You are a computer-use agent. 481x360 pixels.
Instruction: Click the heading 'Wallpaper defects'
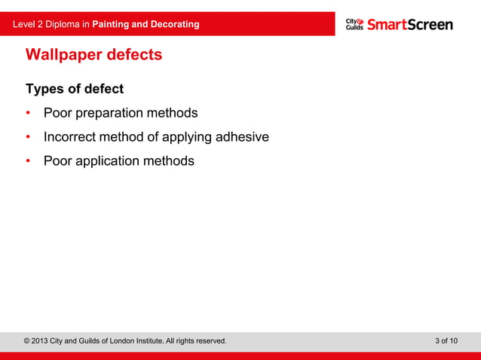click(93, 55)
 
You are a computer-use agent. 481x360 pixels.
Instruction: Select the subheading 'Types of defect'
click(75, 90)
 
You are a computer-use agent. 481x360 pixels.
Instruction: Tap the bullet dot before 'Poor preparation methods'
click(29, 114)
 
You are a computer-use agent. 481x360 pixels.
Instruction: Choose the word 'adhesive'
click(243, 138)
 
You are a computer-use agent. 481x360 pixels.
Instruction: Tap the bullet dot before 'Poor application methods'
click(29, 161)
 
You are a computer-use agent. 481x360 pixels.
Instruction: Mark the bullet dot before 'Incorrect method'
click(29, 138)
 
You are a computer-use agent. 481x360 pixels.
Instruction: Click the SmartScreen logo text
click(410, 24)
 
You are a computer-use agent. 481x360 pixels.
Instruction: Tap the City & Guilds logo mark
click(355, 24)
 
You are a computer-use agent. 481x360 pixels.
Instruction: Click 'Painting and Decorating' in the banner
click(146, 24)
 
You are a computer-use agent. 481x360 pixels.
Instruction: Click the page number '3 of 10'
click(446, 341)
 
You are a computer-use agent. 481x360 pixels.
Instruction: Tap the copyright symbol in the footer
click(28, 341)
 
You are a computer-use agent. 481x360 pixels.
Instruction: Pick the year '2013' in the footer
click(41, 341)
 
